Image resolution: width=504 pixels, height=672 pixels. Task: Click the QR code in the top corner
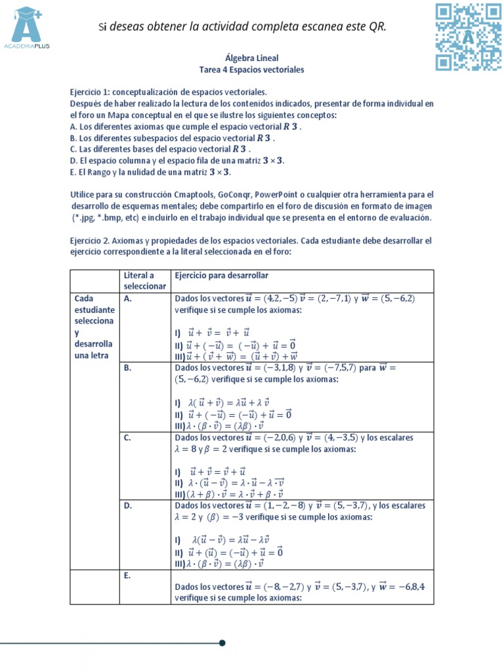pyautogui.click(x=468, y=37)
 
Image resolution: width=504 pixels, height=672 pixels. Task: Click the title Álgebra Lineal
pyautogui.click(x=252, y=58)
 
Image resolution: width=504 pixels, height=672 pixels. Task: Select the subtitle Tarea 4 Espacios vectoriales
pyautogui.click(x=252, y=69)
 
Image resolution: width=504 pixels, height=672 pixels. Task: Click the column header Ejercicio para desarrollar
pyautogui.click(x=221, y=276)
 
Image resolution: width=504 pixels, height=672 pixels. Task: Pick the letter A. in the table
pyautogui.click(x=129, y=298)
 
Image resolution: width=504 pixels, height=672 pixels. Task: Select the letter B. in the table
pyautogui.click(x=129, y=368)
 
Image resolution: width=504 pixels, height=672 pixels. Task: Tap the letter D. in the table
pyautogui.click(x=129, y=506)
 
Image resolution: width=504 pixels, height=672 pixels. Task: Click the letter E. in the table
pyautogui.click(x=128, y=576)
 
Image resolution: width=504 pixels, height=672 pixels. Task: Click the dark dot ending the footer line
pyautogui.click(x=222, y=642)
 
